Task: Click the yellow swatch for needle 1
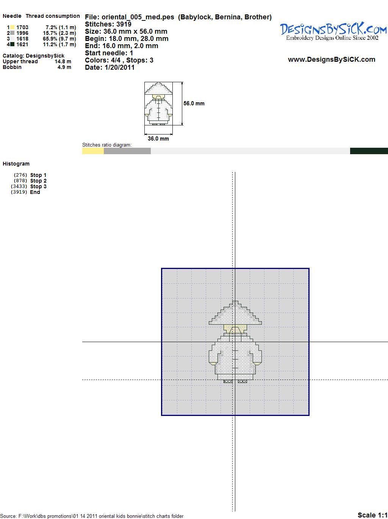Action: click(12, 27)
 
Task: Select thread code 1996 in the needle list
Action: click(22, 33)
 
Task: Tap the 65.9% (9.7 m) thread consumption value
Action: click(59, 39)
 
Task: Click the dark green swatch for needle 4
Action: click(12, 44)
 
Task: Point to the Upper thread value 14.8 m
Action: click(63, 61)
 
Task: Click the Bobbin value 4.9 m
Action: click(64, 67)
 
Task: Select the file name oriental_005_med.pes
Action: click(138, 17)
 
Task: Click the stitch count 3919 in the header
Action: click(124, 24)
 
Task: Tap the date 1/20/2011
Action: click(119, 67)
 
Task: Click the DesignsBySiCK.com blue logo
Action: click(333, 31)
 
